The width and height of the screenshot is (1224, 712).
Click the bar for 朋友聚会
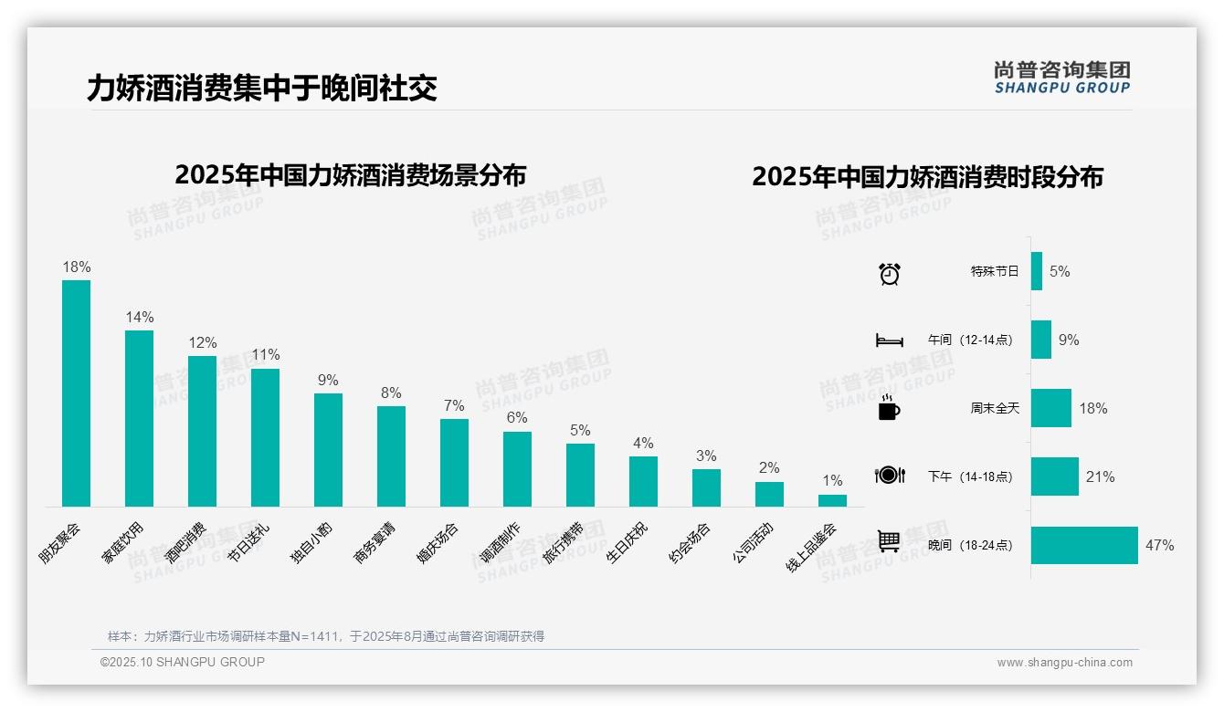click(77, 393)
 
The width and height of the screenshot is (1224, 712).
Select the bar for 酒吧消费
click(202, 431)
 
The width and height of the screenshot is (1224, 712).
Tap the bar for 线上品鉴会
click(832, 500)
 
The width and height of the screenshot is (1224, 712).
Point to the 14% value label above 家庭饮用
click(140, 318)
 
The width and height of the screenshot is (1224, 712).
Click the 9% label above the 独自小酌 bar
click(328, 381)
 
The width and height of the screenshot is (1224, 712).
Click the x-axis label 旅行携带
click(564, 544)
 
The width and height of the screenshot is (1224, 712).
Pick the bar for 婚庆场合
click(454, 462)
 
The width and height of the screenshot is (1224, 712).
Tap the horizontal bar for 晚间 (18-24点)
click(1084, 545)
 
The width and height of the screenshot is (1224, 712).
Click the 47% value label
click(1159, 545)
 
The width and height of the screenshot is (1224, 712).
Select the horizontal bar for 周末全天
click(1050, 408)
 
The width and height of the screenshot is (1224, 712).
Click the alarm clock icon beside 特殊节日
click(890, 273)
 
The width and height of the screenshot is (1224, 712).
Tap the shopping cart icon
click(889, 541)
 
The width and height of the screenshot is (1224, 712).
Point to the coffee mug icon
click(889, 408)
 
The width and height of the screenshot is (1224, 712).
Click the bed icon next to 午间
click(889, 340)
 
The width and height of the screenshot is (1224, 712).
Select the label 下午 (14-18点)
click(970, 476)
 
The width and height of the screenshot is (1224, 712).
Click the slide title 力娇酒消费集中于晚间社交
click(262, 88)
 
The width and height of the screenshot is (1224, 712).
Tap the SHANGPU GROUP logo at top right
click(1061, 78)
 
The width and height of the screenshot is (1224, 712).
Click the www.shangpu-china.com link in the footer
click(1064, 663)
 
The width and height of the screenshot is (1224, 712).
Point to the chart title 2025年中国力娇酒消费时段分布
click(927, 176)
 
